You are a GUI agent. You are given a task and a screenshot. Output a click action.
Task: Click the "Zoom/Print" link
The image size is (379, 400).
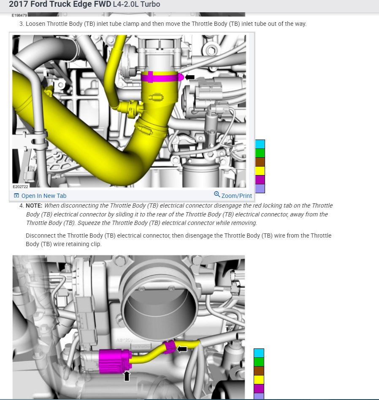(236, 196)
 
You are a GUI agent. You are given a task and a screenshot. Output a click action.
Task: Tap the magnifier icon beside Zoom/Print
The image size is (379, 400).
(217, 195)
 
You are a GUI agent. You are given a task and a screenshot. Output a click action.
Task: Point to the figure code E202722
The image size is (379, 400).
(21, 186)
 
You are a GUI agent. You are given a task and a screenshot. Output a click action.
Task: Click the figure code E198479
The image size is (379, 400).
(19, 15)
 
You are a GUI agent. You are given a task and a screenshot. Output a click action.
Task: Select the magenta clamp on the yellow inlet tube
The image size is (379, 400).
(160, 77)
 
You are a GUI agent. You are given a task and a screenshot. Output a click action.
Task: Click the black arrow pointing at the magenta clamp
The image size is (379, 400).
(190, 77)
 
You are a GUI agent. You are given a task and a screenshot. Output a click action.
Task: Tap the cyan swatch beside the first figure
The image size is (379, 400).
(260, 144)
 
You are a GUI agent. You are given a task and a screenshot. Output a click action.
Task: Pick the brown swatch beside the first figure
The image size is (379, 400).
(260, 162)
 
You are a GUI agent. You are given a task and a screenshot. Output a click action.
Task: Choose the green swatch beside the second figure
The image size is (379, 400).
(259, 362)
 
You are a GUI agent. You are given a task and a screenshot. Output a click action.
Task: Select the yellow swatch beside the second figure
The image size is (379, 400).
(259, 380)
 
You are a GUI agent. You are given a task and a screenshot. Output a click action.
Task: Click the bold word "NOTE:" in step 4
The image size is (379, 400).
(34, 205)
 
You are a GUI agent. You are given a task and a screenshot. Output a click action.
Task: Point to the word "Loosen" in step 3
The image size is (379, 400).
(37, 24)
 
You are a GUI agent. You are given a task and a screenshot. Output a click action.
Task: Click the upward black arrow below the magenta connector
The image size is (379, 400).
(127, 375)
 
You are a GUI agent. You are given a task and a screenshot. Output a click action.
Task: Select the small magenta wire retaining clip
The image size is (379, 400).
(170, 347)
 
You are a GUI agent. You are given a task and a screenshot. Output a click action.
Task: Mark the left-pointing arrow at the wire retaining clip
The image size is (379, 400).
(182, 349)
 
